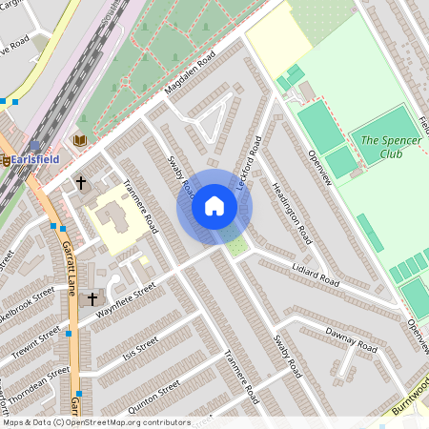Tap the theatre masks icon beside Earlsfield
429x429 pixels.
tap(7, 160)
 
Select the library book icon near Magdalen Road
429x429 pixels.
tap(80, 141)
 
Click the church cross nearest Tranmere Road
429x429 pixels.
tap(81, 181)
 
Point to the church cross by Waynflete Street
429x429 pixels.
tap(92, 299)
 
